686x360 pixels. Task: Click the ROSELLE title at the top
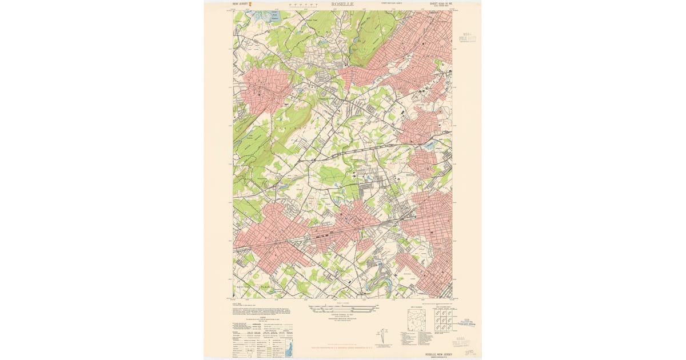tap(342, 4)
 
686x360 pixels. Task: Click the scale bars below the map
tap(343, 309)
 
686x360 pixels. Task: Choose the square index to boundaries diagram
tap(416, 320)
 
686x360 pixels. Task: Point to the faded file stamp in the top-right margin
tap(469, 38)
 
